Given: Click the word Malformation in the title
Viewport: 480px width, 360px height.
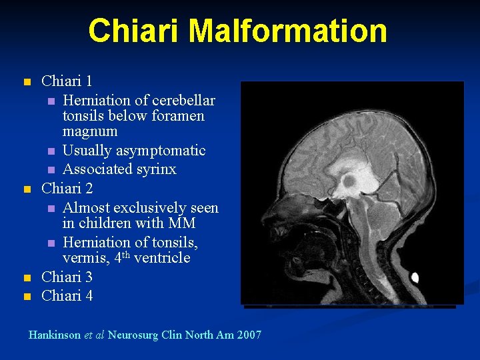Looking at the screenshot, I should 288,31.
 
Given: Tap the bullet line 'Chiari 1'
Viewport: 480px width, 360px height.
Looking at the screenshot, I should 67,81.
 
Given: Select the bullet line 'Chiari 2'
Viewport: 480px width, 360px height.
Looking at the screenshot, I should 67,189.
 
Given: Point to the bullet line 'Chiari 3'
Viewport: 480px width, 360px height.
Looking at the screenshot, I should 67,277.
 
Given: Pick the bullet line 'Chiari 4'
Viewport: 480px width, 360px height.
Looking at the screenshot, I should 67,295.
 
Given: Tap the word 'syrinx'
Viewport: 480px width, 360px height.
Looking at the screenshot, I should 155,169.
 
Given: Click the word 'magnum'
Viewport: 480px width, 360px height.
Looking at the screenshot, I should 90,132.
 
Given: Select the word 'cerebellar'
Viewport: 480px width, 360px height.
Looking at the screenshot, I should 184,100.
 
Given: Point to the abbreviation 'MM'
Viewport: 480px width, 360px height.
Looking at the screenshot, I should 183,223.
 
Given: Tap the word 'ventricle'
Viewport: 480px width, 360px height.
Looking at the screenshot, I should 162,258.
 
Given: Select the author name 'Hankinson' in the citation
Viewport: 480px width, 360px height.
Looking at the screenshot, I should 55,335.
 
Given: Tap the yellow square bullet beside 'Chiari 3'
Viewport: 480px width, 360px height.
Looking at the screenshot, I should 27,277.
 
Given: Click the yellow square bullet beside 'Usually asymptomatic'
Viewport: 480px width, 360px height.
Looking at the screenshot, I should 50,151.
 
